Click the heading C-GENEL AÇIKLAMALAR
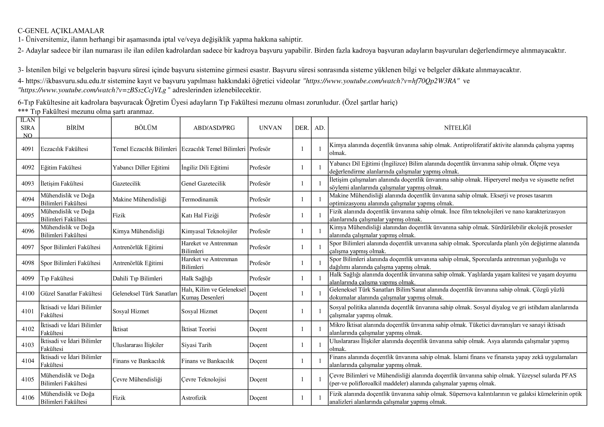pyautogui.click(x=61, y=31)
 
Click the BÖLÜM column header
pyautogui.click(x=145, y=128)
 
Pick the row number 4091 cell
pyautogui.click(x=28, y=149)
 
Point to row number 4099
pyautogui.click(x=28, y=278)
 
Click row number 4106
pyautogui.click(x=28, y=398)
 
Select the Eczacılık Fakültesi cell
pyautogui.click(x=64, y=149)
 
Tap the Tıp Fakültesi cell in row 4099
pyautogui.click(x=57, y=278)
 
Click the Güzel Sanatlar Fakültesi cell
pyautogui.click(x=71, y=293)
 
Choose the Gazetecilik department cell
pyautogui.click(x=127, y=183)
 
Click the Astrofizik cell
pyautogui.click(x=194, y=398)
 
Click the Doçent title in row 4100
pyautogui.click(x=258, y=293)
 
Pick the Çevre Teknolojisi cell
pyautogui.click(x=204, y=379)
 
